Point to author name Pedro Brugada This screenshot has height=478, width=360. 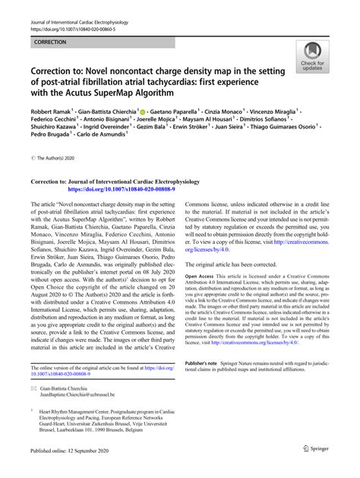coord(52,154)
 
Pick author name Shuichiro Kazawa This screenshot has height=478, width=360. coord(58,144)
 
